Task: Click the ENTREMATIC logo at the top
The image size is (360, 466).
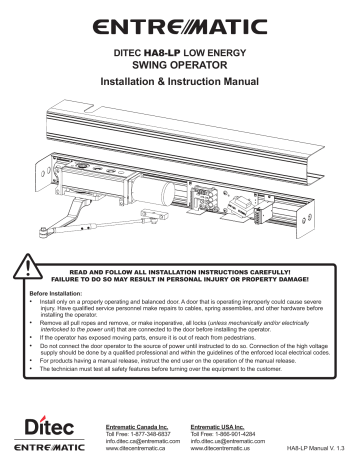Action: point(179,19)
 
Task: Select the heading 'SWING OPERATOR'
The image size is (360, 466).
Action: point(179,59)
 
